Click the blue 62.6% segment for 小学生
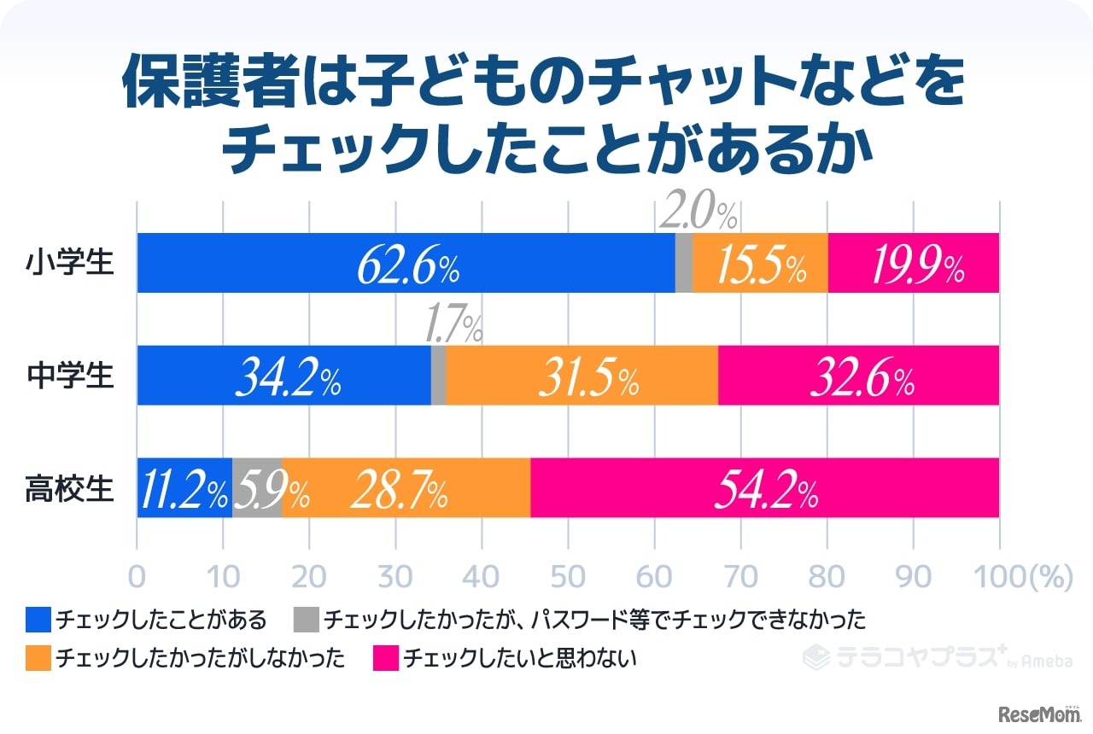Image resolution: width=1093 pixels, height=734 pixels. click(406, 263)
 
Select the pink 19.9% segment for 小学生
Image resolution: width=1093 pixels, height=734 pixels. click(914, 263)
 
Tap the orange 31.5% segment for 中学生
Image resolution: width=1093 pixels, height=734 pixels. click(582, 376)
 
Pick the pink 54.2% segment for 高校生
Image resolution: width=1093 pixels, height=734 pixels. click(764, 488)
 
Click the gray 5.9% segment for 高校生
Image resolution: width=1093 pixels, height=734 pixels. click(257, 488)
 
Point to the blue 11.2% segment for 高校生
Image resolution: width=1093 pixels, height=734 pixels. click(184, 488)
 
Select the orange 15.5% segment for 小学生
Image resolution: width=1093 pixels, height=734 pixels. click(760, 263)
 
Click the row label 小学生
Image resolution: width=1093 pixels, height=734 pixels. click(69, 263)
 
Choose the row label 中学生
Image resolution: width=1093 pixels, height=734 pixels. click(69, 376)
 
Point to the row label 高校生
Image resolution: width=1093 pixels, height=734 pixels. click(69, 488)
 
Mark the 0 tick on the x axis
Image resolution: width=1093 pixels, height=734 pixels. click(137, 577)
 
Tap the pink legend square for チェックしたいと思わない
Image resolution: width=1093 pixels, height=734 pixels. click(386, 658)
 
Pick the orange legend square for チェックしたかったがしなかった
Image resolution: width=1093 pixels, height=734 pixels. click(38, 658)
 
